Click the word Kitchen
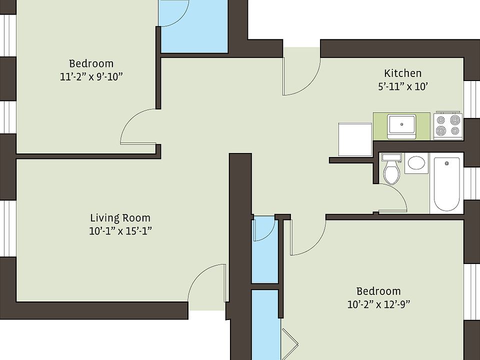point(402,73)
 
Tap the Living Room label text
point(120,218)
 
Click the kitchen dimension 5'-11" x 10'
point(402,86)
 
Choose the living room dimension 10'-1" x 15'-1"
point(120,231)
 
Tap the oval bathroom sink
point(416,163)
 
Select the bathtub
point(446,184)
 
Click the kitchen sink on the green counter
point(402,125)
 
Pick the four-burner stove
point(447,125)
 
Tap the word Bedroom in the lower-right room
point(378,291)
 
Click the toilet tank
point(391,157)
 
